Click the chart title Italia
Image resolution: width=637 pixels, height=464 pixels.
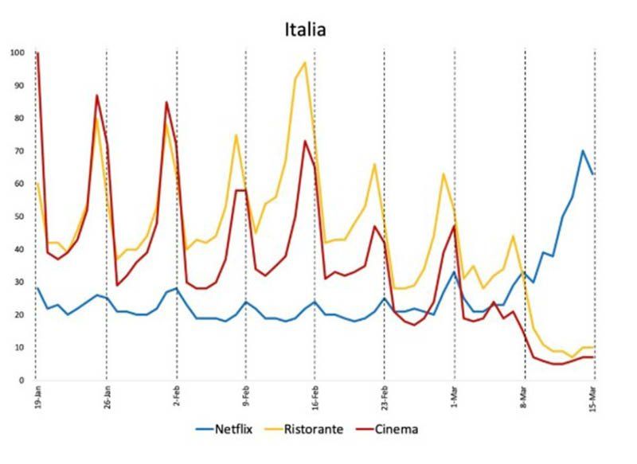[x=306, y=29]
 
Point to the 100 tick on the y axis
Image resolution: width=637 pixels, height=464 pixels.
[x=18, y=53]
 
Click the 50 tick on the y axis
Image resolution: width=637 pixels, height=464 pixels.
[x=20, y=216]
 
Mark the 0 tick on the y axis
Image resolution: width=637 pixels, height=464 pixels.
[x=23, y=380]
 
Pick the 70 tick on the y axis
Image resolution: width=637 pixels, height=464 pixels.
[x=20, y=151]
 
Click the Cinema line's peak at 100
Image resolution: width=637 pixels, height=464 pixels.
[x=37, y=53]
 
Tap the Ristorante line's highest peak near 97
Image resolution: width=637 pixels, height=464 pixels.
[x=305, y=63]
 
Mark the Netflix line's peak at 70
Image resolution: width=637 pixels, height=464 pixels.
[x=583, y=150]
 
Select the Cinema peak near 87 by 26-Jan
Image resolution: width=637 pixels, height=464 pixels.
[x=97, y=96]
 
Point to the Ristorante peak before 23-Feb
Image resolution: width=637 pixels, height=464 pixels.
[x=374, y=164]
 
